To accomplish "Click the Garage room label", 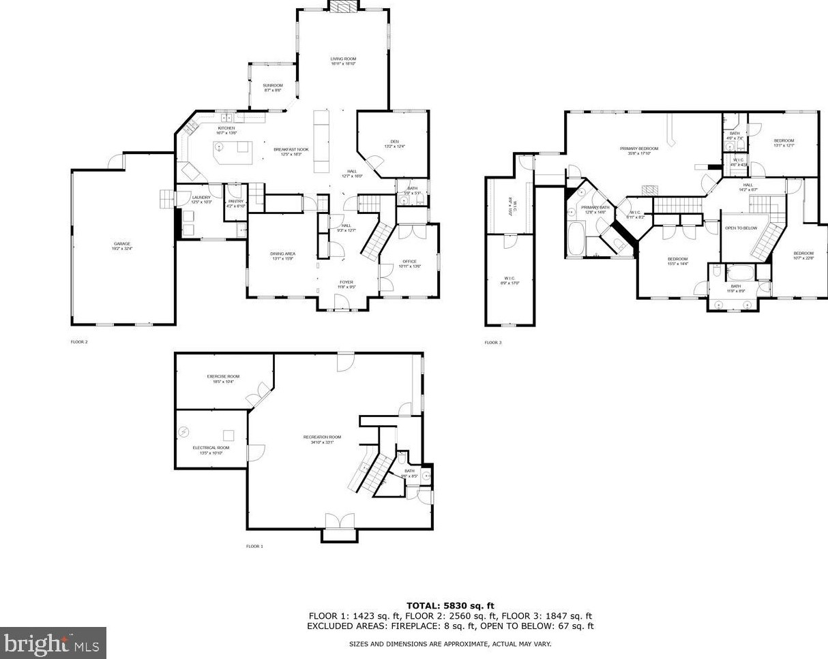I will point(122,244).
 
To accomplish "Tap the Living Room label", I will point(344,59).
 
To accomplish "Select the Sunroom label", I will point(273,85).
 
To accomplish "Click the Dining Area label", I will point(282,254).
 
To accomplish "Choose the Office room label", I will point(409,262).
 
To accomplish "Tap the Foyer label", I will point(347,282).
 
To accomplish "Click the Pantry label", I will point(236,201).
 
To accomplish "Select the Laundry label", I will point(201,198).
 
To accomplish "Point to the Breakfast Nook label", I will point(291,149).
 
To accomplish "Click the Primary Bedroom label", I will point(639,149).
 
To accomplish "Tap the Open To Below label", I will point(741,228).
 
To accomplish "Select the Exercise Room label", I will point(224,377).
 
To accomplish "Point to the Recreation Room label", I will point(322,437).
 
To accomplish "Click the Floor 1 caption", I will point(254,547).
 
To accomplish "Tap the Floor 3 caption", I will point(493,343).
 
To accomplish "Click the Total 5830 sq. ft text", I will point(450,606).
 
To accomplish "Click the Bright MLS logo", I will point(53,643).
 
